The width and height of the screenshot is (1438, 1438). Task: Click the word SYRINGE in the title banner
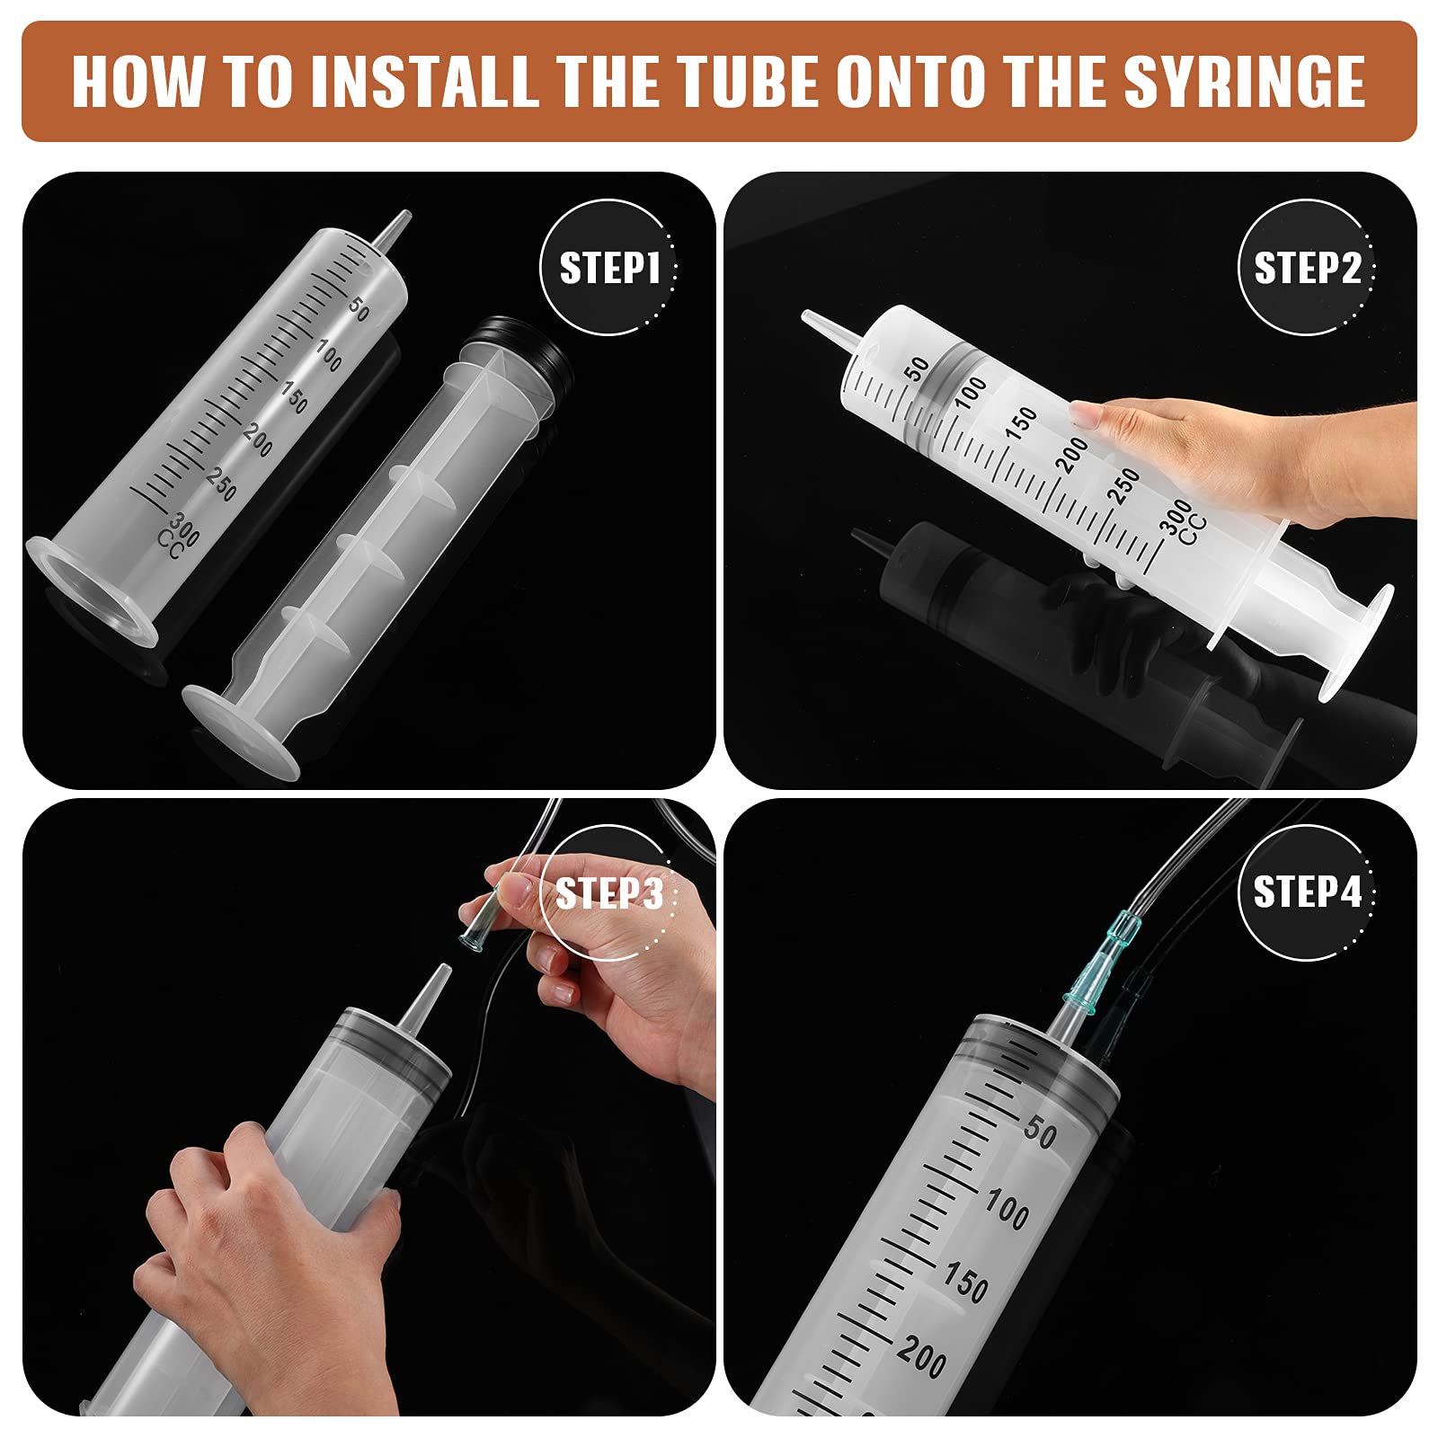pos(1244,83)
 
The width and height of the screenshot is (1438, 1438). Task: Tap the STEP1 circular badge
pos(608,268)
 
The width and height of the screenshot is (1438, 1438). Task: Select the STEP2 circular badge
pos(1307,268)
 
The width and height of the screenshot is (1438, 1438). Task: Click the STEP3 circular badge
pos(608,893)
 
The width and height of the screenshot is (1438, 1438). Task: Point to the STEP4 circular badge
pos(1307,892)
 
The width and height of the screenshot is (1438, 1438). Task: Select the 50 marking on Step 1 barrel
pos(358,308)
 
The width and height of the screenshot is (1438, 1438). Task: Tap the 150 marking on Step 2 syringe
pos(1022,423)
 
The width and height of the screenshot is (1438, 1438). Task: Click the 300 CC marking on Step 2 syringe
pos(1184,521)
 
